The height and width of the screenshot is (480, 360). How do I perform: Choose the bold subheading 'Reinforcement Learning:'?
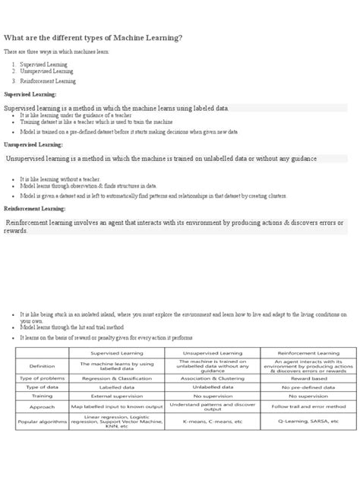pos(35,207)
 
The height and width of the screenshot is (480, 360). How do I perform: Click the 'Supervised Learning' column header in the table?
pos(118,353)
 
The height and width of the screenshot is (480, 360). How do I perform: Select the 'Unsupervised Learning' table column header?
pos(213,353)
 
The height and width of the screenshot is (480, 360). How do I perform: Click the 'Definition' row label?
pos(43,365)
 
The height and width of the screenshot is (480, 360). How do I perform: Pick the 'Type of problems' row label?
pos(43,377)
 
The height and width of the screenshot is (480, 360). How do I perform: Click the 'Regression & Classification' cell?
pos(118,377)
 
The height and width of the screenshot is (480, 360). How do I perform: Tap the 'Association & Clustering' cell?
pos(213,377)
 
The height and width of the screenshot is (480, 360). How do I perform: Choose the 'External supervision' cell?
pos(118,396)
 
